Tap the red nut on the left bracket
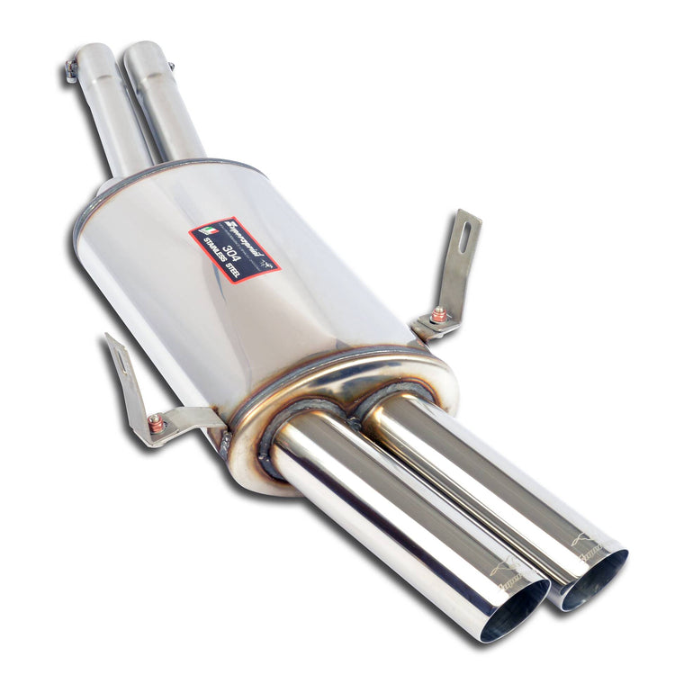point(156,422)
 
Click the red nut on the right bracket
point(438,315)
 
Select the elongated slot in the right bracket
point(464,236)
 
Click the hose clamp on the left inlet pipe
point(70,71)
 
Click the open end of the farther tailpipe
point(594,580)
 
